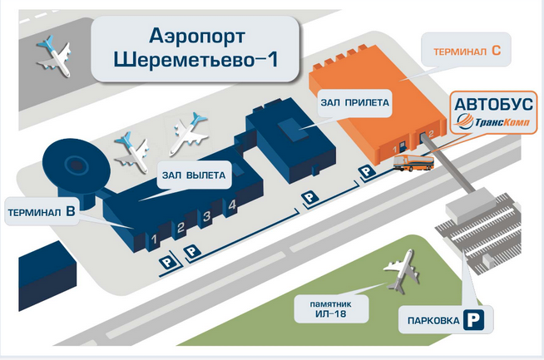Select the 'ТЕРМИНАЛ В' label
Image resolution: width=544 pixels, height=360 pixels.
(42, 212)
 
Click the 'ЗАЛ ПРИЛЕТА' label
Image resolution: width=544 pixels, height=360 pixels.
(355, 104)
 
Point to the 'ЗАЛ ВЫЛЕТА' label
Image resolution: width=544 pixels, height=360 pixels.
(193, 175)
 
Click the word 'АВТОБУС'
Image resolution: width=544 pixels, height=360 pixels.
(491, 105)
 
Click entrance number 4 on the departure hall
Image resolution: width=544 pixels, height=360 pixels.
(233, 205)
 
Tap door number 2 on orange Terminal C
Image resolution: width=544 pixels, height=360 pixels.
(430, 133)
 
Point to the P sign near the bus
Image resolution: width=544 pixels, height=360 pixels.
(365, 172)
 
